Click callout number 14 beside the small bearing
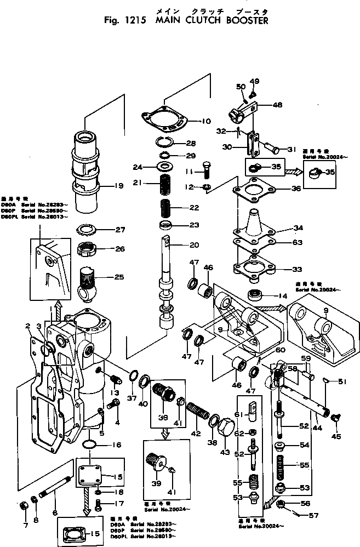[283, 295]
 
